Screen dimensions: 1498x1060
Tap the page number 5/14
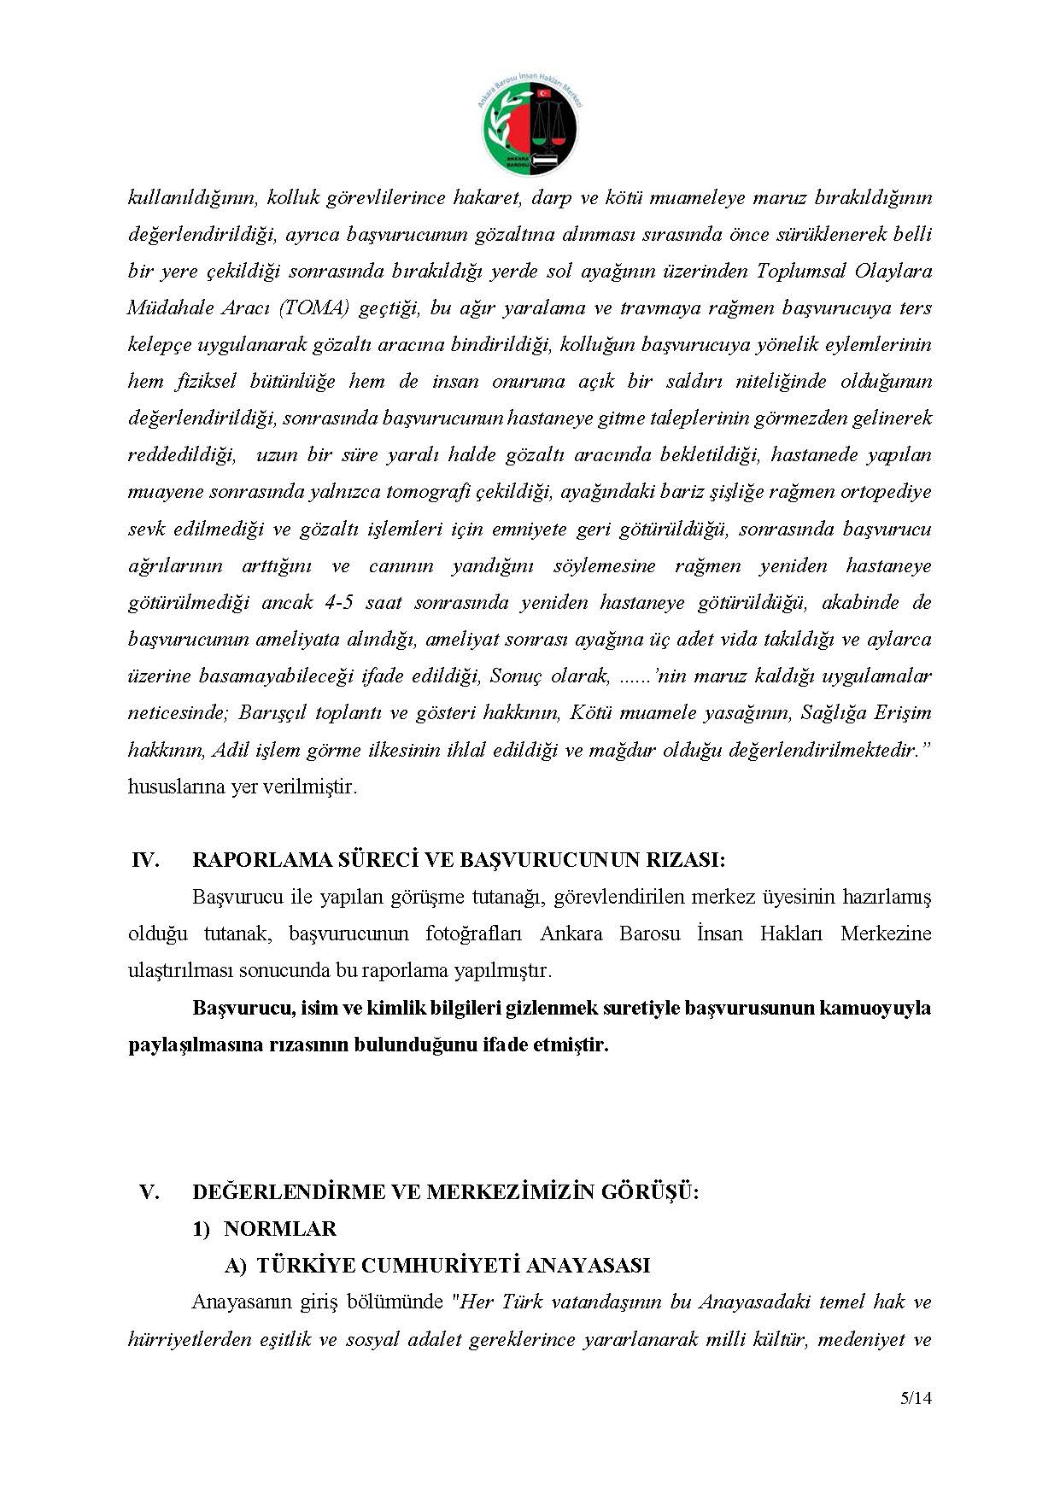click(x=916, y=1399)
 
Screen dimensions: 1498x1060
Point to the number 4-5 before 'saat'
click(x=339, y=603)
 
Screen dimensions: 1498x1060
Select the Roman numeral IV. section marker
click(x=145, y=860)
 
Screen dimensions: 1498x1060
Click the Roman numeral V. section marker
click(x=149, y=1192)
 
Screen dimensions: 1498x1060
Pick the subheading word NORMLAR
click(x=280, y=1229)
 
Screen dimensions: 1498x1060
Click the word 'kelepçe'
click(x=159, y=345)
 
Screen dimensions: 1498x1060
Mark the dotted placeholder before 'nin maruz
click(x=634, y=676)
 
